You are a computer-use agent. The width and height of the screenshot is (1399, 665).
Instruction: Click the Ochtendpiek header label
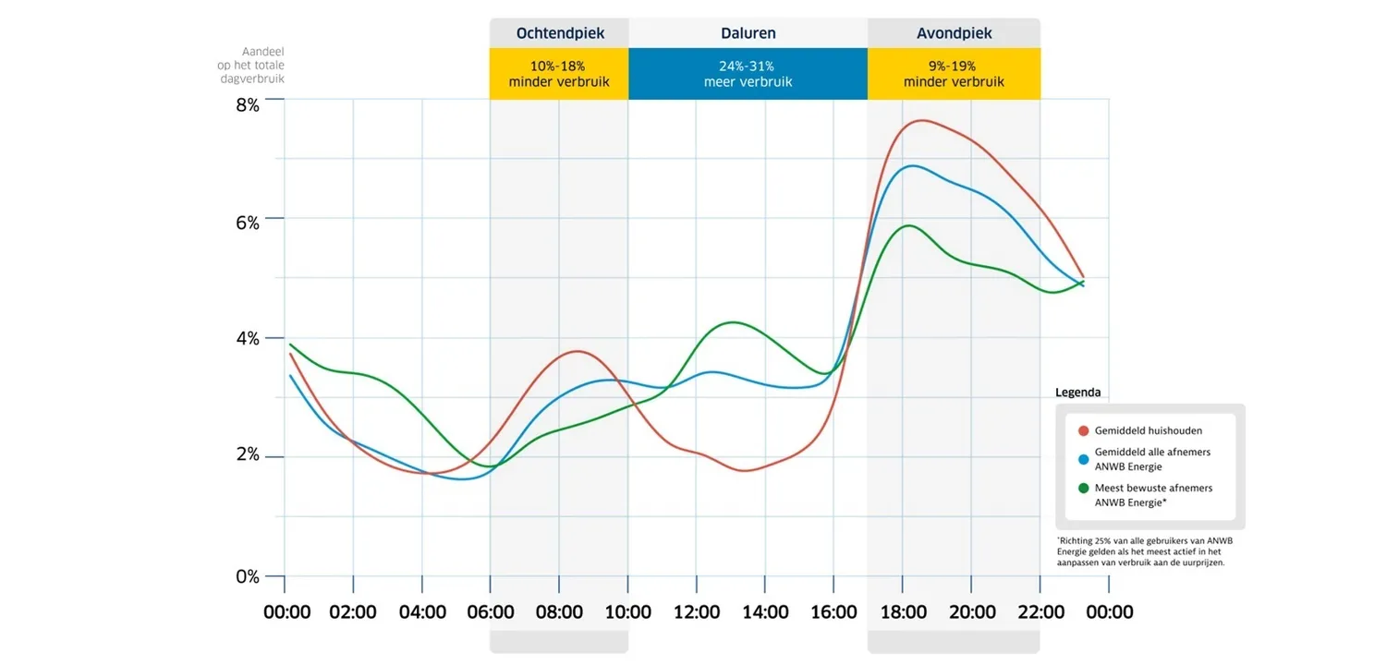(560, 33)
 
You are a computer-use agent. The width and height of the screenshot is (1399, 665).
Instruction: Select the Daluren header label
(748, 33)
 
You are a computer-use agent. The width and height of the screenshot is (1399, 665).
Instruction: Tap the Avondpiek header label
(954, 33)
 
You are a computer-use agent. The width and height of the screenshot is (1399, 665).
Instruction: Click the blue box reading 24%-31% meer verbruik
(748, 74)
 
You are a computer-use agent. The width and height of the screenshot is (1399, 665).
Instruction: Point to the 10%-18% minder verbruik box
(559, 74)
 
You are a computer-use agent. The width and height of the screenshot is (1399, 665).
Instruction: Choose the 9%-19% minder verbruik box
(954, 74)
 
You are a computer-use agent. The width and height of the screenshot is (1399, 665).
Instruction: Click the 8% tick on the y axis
(247, 105)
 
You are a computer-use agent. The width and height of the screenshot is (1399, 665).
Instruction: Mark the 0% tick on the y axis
(247, 576)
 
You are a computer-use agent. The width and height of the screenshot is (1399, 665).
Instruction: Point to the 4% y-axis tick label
(247, 338)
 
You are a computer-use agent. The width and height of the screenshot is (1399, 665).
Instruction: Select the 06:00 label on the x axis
(492, 612)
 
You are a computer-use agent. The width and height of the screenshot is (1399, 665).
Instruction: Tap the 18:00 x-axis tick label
(904, 612)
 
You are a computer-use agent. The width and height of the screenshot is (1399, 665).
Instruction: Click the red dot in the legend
(1083, 430)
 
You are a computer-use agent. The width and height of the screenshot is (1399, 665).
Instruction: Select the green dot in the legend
(1083, 488)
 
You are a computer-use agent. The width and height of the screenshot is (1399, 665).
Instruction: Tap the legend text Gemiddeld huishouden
(1149, 430)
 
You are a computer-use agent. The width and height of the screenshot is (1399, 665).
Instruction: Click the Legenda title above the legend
(1078, 392)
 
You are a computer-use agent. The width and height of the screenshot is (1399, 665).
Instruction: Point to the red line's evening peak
(920, 121)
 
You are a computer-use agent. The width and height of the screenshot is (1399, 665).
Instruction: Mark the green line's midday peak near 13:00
(732, 322)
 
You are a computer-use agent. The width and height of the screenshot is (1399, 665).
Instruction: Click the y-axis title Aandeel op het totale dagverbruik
(250, 65)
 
